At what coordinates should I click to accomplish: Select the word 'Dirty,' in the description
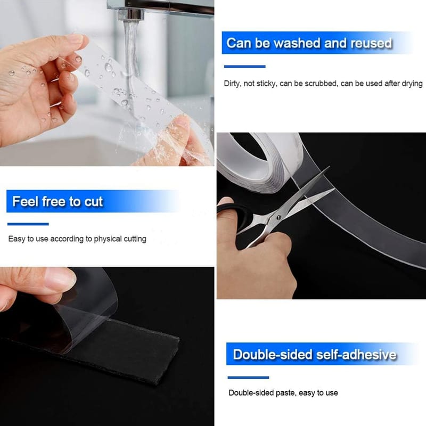tap(233, 84)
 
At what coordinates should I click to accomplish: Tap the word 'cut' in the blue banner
tap(94, 202)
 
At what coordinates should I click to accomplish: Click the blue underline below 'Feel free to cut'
tap(28, 224)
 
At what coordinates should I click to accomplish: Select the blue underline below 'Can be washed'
tap(245, 67)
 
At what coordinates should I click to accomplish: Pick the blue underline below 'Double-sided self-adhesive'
tap(248, 378)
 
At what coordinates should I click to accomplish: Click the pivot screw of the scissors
tap(278, 217)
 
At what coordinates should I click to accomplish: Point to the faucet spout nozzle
tap(130, 14)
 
